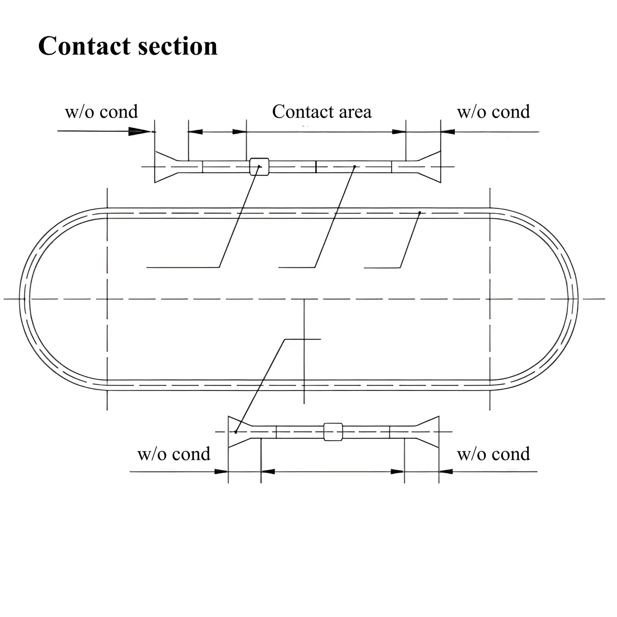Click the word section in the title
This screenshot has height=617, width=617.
click(x=178, y=46)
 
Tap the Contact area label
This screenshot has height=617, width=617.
click(x=322, y=112)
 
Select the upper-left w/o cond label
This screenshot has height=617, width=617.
click(x=101, y=112)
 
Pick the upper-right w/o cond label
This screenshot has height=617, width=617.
click(x=494, y=112)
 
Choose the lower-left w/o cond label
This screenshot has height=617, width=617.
click(x=174, y=453)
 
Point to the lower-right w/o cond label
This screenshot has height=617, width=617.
click(x=494, y=453)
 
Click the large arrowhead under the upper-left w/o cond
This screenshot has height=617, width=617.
click(x=140, y=131)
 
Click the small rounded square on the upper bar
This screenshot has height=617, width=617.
click(x=259, y=167)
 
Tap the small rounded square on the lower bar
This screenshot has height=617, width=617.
click(x=333, y=431)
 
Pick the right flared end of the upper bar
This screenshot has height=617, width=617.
click(x=429, y=167)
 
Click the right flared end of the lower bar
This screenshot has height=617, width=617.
click(x=427, y=431)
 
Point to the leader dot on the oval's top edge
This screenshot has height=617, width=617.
click(x=420, y=212)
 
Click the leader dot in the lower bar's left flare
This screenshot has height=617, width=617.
click(x=236, y=432)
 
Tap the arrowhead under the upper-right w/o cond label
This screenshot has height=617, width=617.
click(x=448, y=132)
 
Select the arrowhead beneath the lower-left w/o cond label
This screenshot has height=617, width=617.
click(x=221, y=472)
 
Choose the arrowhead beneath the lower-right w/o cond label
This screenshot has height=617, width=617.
click(x=446, y=472)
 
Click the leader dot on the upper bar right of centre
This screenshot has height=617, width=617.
click(x=355, y=166)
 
